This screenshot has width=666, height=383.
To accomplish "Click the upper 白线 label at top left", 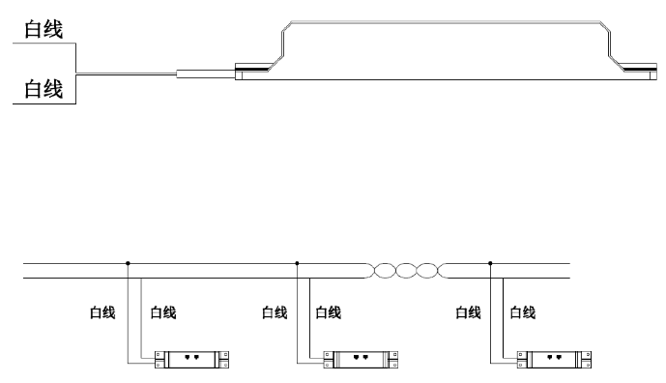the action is point(43,29).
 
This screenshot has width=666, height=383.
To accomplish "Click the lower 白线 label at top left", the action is point(43,89).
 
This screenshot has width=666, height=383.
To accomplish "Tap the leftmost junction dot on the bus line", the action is point(128,263).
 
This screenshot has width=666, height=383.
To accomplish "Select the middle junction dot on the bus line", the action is point(297,263).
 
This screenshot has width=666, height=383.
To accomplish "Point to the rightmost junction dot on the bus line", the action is point(490,263).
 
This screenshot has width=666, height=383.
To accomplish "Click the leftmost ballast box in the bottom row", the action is point(191,360).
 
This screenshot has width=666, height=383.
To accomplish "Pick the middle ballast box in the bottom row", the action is point(361,360).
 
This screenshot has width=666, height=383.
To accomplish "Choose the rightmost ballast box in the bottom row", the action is point(554,360).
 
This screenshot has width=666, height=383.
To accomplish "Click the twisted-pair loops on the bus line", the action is point(406,271).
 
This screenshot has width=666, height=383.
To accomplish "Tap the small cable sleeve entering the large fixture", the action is point(206,74).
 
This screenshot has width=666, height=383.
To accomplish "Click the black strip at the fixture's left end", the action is point(252,68).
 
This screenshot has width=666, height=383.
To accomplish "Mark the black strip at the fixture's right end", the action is point(640,68).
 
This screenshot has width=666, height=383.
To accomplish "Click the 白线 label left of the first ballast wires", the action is point(102,312).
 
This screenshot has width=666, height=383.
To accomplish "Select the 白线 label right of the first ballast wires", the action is point(163,312).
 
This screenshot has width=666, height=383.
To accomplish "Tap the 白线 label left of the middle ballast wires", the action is point(275,312).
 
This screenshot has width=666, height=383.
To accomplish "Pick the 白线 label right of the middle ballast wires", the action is point(329,312).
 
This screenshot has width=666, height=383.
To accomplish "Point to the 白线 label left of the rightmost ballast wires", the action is point(468,312).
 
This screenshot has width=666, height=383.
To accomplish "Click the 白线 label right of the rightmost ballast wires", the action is point(522,312).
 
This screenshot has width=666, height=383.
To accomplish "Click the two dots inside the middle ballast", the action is point(361,358).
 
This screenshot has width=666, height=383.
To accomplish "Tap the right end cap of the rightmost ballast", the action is point(587,360).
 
